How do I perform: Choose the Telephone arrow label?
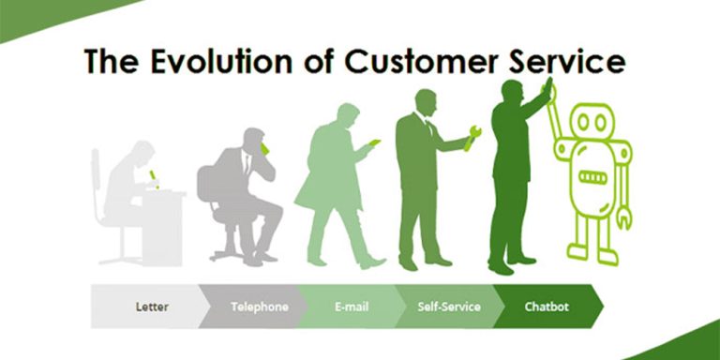click(259, 307)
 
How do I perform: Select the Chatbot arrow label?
click(547, 307)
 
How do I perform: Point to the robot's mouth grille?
click(593, 177)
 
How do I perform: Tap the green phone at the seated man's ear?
click(264, 148)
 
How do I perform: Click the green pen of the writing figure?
click(153, 176)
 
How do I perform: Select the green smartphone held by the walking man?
click(374, 142)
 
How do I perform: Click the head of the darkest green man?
click(512, 92)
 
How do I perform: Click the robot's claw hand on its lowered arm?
click(624, 217)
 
